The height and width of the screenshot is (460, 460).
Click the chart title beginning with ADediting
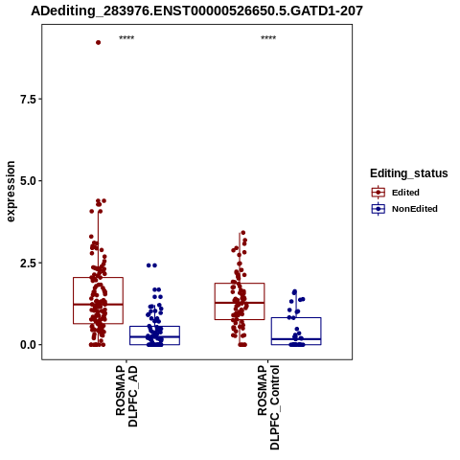coord(196,11)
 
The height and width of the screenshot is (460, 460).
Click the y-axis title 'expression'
coord(11,192)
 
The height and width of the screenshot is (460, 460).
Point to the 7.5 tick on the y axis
coord(28,100)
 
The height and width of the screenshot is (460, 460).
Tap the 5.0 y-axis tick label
coord(28,181)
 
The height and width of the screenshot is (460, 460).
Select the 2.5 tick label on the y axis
coord(28,264)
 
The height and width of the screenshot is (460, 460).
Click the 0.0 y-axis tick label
coord(28,345)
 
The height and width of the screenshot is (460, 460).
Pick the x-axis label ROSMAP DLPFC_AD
coord(126,396)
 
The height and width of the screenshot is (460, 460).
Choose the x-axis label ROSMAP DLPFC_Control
coord(268,407)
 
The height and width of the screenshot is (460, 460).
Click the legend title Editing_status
coord(409,173)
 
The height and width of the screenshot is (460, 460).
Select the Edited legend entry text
coord(405,193)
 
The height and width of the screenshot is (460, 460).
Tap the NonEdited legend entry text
coord(415,209)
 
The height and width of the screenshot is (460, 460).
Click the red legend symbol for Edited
coord(379,193)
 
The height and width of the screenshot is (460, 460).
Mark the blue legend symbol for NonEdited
coord(379,209)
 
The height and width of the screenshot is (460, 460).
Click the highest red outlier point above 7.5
coord(99,42)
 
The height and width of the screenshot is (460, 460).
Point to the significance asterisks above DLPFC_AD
coord(126,38)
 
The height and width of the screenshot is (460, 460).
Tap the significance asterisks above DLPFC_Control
coord(268,38)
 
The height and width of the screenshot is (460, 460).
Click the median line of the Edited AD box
coord(98,305)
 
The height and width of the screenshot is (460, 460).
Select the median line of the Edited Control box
coord(240,303)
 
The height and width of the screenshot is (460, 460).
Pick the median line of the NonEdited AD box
coord(154,336)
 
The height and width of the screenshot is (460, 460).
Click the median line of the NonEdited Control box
coord(296,339)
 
